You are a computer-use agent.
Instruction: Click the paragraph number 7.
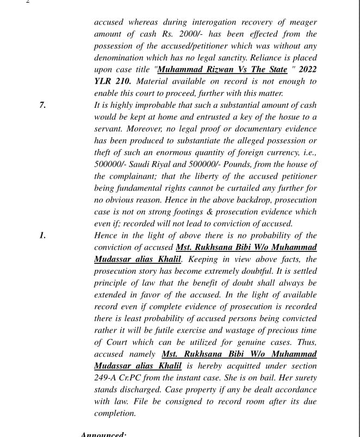click(42, 105)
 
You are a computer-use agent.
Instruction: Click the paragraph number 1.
click(42, 236)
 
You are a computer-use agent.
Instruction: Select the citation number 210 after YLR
click(124, 82)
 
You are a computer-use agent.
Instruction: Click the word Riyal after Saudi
click(163, 164)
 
